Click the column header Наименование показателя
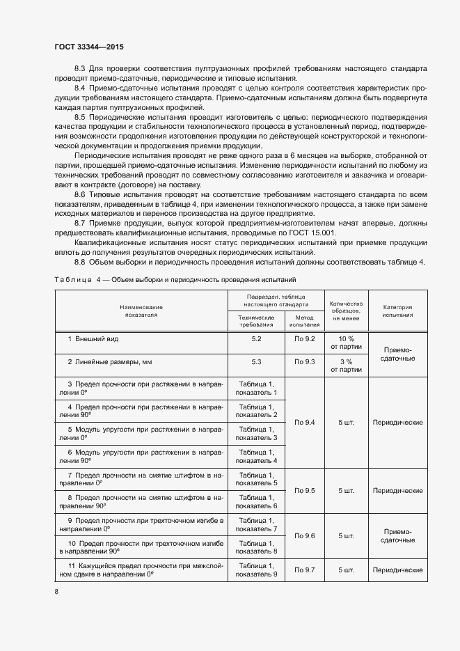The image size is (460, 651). (141, 311)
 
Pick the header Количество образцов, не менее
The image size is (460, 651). (346, 311)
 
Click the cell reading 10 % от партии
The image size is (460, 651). (346, 342)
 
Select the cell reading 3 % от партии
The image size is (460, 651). (346, 366)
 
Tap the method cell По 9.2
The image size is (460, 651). (305, 338)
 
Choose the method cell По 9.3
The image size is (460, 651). (305, 362)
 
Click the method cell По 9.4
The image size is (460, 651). (305, 422)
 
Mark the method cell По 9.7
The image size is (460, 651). (305, 570)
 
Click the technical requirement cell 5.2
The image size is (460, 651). (256, 338)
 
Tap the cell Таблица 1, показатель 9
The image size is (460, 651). (256, 570)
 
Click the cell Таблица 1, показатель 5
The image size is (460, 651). (256, 478)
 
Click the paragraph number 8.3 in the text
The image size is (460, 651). (79, 68)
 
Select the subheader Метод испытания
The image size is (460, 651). (305, 320)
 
